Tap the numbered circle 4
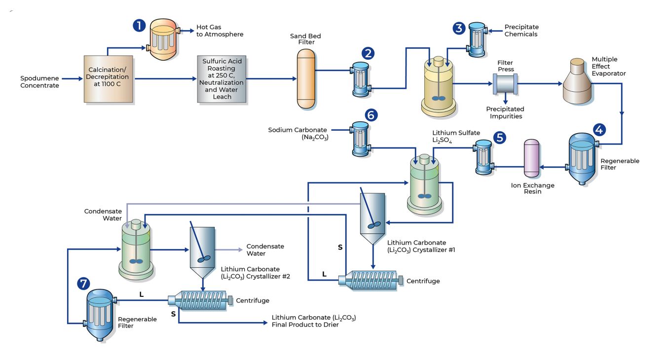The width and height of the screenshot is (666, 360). point(598,130)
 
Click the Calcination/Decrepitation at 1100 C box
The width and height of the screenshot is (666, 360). point(109,79)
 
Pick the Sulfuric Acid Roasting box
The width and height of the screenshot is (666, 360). point(222,79)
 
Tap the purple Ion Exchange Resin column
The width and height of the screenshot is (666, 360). point(531,159)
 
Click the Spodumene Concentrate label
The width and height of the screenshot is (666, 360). point(39,82)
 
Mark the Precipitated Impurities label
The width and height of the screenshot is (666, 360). point(505,112)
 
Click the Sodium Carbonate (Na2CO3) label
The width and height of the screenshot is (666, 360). point(297,134)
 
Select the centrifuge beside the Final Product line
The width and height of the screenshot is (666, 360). point(200,300)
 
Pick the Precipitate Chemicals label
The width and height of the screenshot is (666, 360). point(521,31)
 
